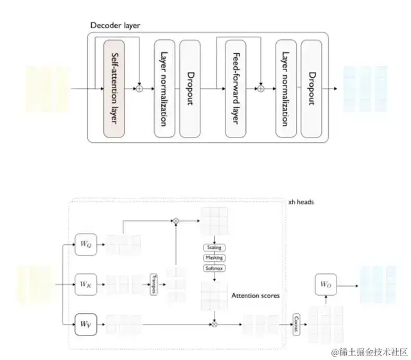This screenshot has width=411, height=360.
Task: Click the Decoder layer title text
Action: (x=116, y=25)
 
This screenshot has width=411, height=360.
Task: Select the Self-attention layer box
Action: (x=117, y=87)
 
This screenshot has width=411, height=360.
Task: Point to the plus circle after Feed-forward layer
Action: (x=261, y=87)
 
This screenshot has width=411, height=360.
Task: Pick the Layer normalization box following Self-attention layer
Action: (x=164, y=87)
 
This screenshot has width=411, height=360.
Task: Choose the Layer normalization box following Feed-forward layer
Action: (x=285, y=87)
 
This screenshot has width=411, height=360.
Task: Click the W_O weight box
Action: (x=327, y=283)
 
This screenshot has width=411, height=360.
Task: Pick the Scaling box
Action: (x=214, y=248)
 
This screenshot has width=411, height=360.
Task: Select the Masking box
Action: (x=214, y=258)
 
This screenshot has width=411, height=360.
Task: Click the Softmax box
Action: (x=214, y=268)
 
